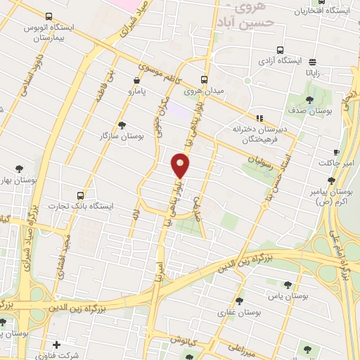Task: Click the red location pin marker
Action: click(181, 165)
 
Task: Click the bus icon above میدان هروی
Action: click(205, 79)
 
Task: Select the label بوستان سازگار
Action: click(122, 136)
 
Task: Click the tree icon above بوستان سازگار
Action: click(122, 124)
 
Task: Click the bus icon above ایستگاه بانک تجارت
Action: click(82, 195)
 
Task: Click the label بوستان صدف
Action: click(310, 110)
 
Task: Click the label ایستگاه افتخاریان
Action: click(325, 11)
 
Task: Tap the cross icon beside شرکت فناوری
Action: click(56, 345)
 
